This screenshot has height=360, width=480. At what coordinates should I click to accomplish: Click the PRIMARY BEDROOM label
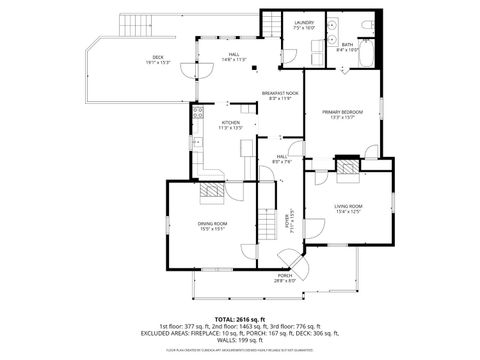click(x=341, y=114)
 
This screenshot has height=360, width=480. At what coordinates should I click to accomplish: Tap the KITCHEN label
click(x=231, y=126)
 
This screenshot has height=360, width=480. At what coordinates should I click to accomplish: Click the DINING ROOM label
click(x=212, y=225)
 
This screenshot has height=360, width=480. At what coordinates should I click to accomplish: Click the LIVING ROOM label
click(x=347, y=209)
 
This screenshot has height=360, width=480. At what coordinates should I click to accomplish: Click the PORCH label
click(x=285, y=279)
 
